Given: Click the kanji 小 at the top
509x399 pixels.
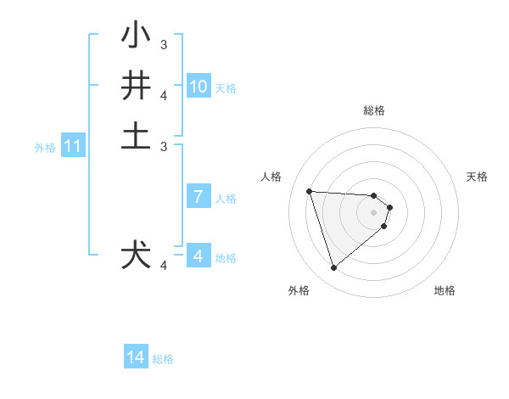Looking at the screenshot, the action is click(x=137, y=37).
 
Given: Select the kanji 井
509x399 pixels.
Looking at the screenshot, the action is click(x=137, y=86).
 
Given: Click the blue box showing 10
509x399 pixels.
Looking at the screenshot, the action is click(x=199, y=87).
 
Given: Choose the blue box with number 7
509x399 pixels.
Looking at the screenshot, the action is click(x=199, y=197).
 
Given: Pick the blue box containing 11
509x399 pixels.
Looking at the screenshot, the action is click(x=73, y=147).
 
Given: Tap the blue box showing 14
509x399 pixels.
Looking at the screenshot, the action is click(x=136, y=358).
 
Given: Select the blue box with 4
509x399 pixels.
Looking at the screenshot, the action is click(x=199, y=256).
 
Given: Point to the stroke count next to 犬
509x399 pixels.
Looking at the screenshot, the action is click(x=164, y=266).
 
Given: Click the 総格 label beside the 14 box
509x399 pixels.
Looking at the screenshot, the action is click(x=163, y=359).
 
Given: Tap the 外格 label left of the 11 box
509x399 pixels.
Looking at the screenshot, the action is click(x=45, y=148).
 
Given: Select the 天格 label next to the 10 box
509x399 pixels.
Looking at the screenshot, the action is click(x=226, y=87).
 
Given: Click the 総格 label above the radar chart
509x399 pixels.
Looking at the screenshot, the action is click(x=374, y=110).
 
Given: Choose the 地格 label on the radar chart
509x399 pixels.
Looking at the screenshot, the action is click(x=445, y=290).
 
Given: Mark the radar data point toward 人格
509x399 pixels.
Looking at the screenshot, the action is click(x=310, y=191).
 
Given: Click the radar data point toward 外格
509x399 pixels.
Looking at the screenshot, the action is click(x=333, y=268).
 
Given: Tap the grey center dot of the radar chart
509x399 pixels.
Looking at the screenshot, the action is click(x=374, y=211).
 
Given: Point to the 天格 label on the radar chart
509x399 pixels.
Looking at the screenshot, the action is click(x=477, y=177).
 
